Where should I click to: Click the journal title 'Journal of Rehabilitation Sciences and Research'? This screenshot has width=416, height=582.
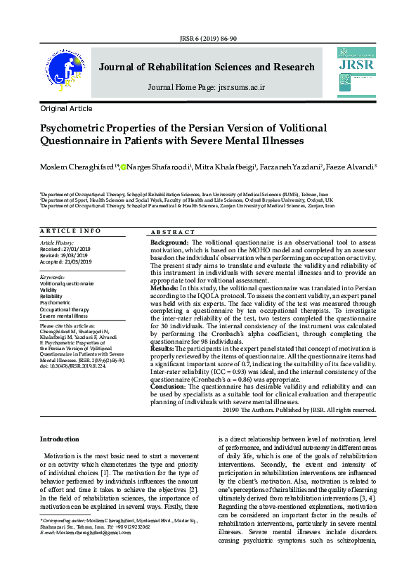207,67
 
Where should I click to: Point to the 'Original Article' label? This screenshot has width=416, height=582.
66,109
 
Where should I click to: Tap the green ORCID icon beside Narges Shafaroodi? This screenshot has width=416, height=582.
124,167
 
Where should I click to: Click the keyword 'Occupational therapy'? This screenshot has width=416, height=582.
65,309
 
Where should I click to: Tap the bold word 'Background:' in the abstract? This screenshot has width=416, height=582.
170,242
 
